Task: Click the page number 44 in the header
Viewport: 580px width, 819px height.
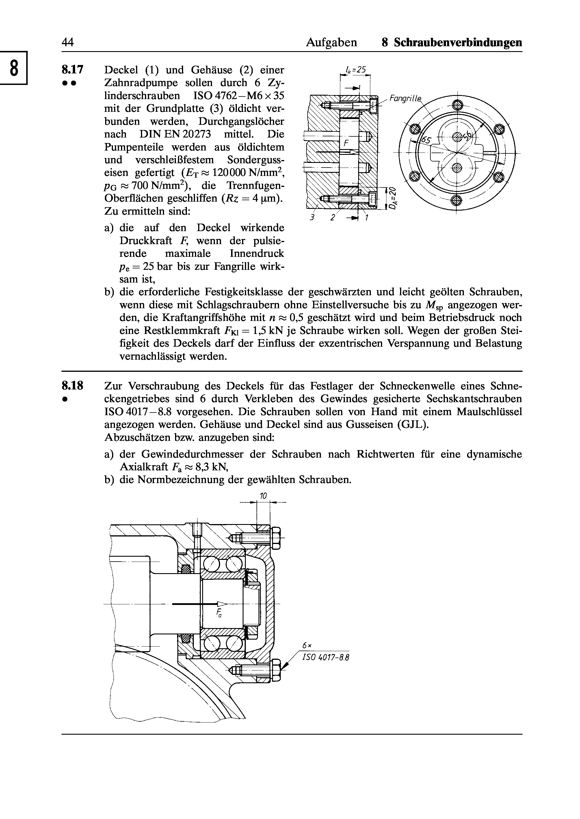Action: tap(68, 42)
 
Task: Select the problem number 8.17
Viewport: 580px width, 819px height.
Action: tap(72, 69)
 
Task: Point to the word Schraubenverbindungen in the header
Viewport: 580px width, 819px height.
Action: tap(458, 42)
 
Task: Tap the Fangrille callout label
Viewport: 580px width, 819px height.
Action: tap(405, 98)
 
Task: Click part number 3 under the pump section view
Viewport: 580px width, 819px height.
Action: tap(311, 218)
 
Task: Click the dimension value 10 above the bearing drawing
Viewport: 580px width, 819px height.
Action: tap(263, 496)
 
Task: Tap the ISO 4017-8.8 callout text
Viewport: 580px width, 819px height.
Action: tap(325, 658)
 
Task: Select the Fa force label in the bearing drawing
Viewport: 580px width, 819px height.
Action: tap(219, 613)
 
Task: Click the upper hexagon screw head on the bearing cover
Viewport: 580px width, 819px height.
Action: tap(276, 538)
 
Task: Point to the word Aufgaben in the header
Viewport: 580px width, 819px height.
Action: tap(331, 43)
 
